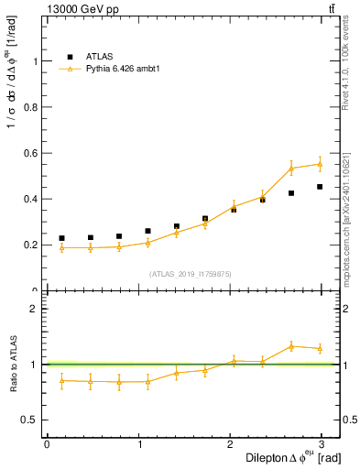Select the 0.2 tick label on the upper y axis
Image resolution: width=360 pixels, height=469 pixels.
(30, 245)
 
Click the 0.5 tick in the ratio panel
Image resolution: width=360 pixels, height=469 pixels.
(30, 420)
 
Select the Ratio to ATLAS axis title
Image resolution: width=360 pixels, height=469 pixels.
(13, 364)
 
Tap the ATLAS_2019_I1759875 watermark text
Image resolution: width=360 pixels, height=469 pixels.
(191, 273)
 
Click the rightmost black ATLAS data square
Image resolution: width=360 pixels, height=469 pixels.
(320, 187)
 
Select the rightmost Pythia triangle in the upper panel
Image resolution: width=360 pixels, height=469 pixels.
(320, 164)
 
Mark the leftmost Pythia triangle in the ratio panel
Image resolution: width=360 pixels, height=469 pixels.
(61, 380)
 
